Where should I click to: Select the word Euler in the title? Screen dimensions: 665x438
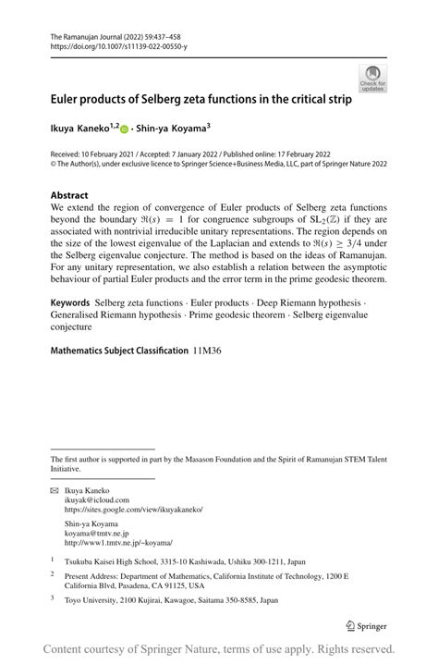tap(67, 98)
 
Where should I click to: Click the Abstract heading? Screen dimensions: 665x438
tap(70, 195)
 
